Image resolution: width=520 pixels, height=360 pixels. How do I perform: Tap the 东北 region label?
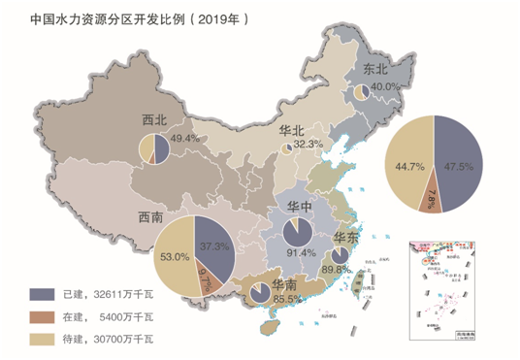click(x=375, y=70)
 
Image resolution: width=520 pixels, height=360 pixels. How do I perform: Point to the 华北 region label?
click(x=292, y=130)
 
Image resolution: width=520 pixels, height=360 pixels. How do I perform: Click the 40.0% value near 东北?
click(x=387, y=86)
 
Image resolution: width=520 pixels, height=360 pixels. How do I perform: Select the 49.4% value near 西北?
click(x=184, y=140)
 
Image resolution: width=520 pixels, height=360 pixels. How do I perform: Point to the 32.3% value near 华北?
click(x=308, y=144)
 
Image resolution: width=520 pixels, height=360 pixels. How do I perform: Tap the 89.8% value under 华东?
click(x=337, y=269)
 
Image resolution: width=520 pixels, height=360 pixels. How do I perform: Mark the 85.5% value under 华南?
click(x=259, y=300)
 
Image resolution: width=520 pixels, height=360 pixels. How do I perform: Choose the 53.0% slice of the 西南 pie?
click(x=176, y=257)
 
